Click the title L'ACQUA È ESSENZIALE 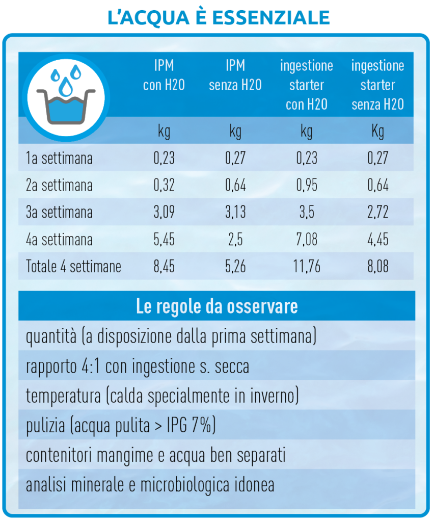click(219, 17)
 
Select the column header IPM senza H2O click(235, 75)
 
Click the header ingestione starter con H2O click(306, 85)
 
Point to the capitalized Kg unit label click(377, 132)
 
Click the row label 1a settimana click(59, 158)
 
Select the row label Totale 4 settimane click(73, 266)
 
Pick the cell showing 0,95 click(307, 185)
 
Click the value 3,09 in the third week click(164, 212)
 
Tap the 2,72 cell click(377, 212)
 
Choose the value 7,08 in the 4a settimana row click(307, 239)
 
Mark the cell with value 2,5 click(235, 239)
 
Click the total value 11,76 click(307, 266)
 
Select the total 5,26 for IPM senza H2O click(235, 266)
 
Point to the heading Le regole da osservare click(217, 307)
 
